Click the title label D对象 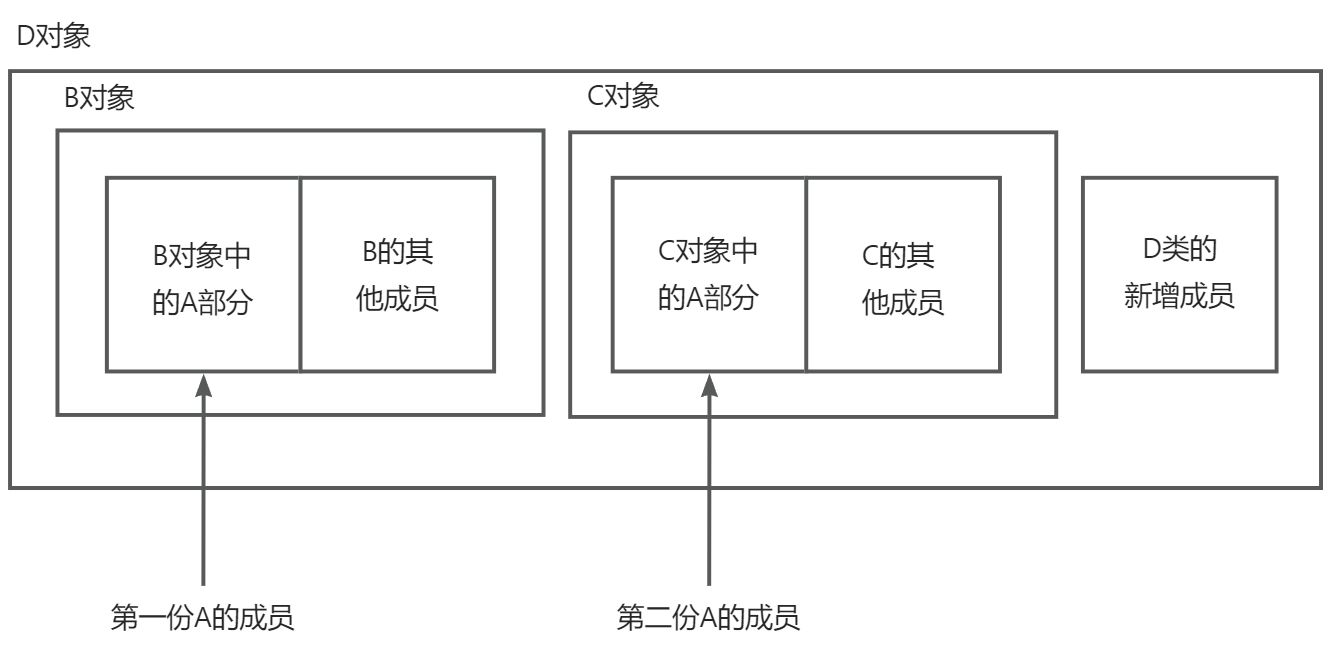[55, 38]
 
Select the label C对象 [622, 97]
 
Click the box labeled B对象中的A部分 [202, 275]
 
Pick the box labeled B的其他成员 [397, 275]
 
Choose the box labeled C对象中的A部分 [708, 275]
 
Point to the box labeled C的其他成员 [903, 275]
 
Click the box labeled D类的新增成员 [1179, 275]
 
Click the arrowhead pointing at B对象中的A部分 [203, 385]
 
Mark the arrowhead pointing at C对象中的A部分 [709, 385]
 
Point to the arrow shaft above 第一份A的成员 [203, 490]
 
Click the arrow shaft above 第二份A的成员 [709, 490]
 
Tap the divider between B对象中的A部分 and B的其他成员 [300, 275]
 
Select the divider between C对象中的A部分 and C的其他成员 [806, 275]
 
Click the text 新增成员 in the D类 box [1179, 297]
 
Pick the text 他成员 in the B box [397, 300]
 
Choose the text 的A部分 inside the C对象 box [708, 298]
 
